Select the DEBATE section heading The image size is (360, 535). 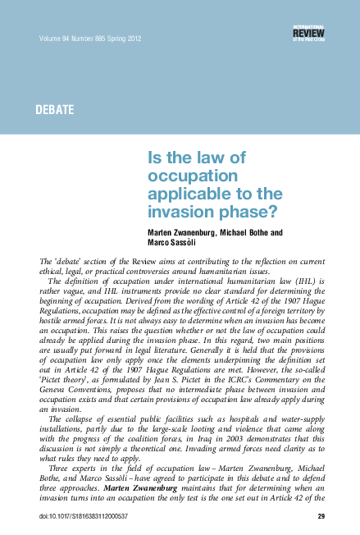[56, 109]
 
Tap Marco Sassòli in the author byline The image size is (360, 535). [171, 245]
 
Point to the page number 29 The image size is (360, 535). [321, 518]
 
